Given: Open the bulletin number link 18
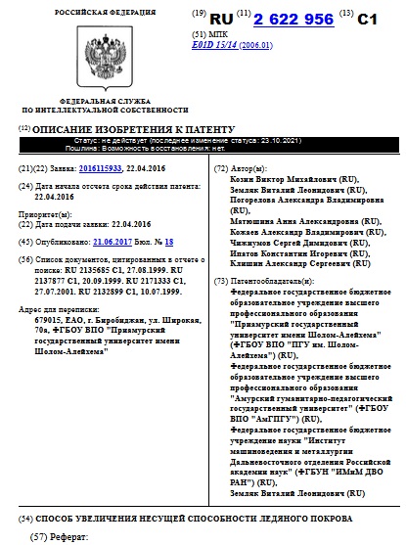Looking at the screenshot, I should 168,240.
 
